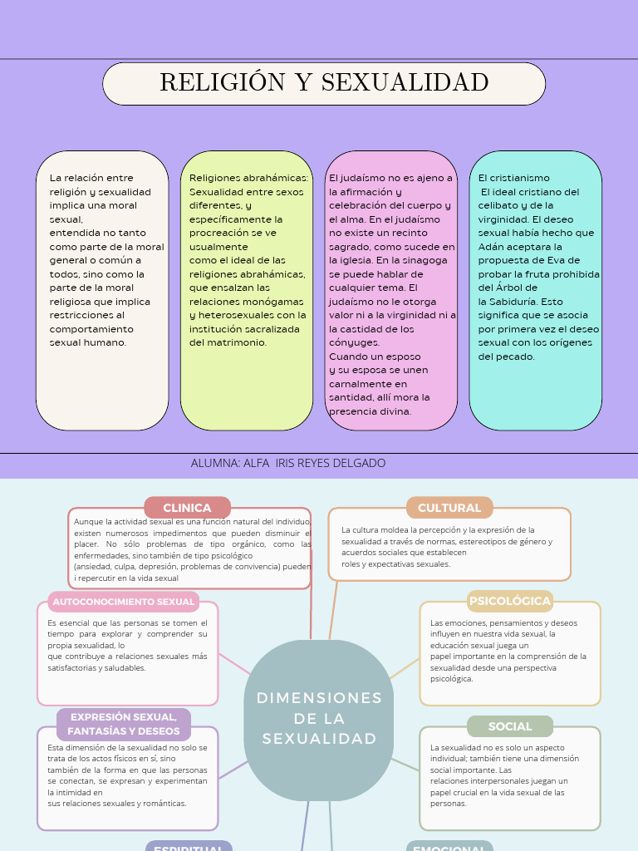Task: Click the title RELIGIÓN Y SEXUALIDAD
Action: point(324,83)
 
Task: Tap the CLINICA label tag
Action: point(187,508)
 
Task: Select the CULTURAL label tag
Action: point(449,508)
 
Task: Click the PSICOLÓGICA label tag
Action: point(510,601)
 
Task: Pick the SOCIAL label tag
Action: point(510,726)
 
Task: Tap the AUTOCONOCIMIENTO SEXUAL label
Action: point(124,602)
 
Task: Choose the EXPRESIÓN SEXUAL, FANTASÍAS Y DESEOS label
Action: point(124,724)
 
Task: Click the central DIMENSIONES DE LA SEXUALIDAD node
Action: point(319,718)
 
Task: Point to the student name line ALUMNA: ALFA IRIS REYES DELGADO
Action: point(288,463)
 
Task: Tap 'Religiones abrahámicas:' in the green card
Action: point(248,178)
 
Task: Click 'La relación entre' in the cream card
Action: point(91,178)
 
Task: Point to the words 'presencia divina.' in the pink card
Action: point(370,411)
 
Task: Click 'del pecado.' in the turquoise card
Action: point(507,357)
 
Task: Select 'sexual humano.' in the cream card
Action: point(88,342)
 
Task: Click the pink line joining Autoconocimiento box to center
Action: point(234,663)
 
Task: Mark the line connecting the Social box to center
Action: point(406,765)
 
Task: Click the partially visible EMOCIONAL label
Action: point(449,847)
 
